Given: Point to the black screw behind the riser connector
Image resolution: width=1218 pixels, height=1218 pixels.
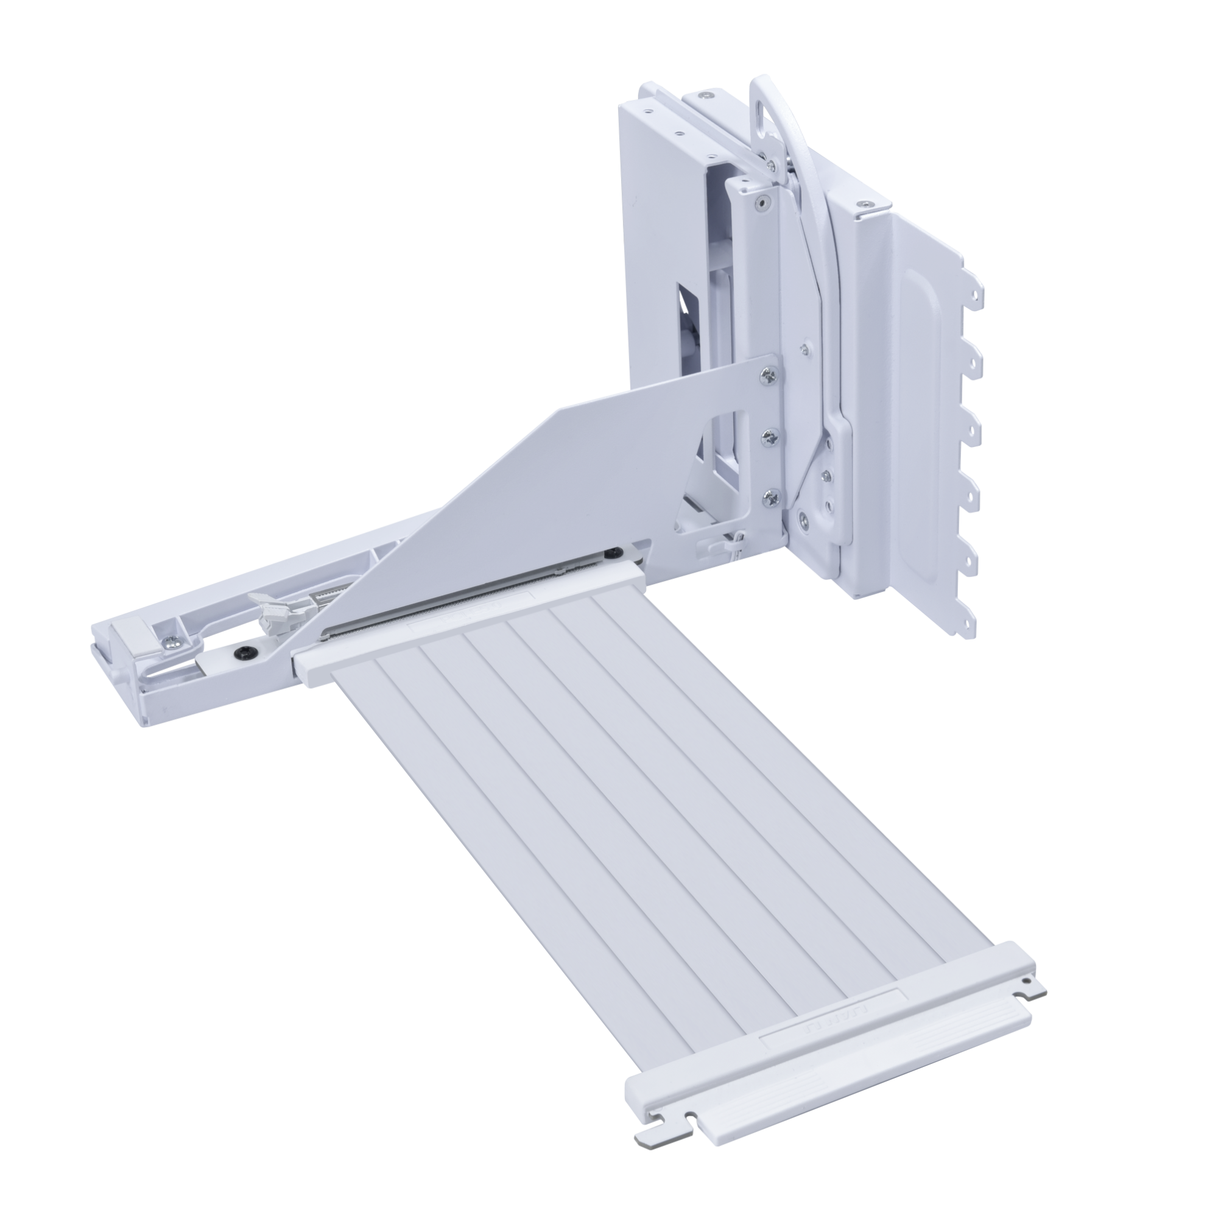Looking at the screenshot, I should point(611,554).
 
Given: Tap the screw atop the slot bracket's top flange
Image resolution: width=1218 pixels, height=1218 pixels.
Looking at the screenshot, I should point(862,204).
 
